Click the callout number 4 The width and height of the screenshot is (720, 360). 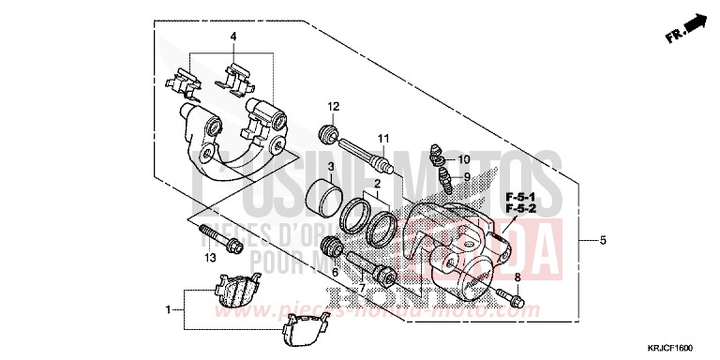(x=234, y=37)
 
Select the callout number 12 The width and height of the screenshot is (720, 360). (x=332, y=105)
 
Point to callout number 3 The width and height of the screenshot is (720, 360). (x=332, y=165)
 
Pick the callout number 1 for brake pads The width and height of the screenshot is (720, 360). (x=169, y=308)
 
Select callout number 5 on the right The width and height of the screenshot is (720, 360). (x=603, y=241)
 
